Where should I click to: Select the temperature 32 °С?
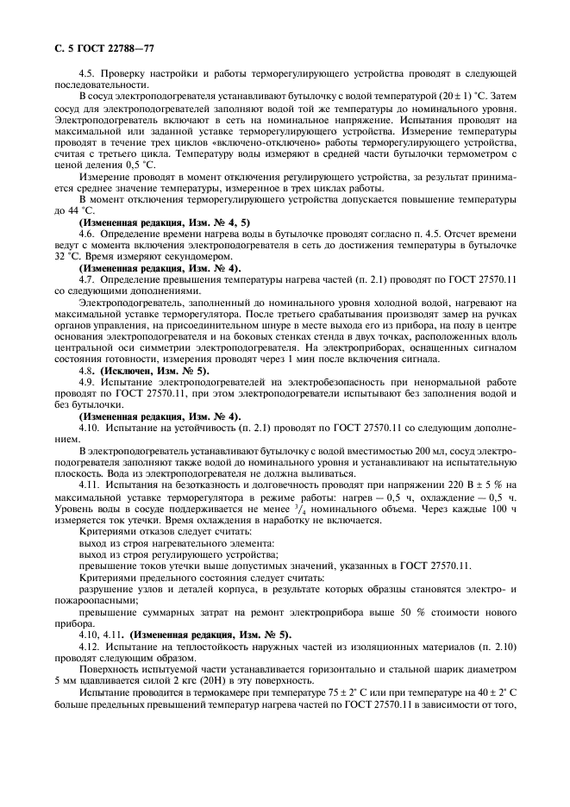tap(66, 257)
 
